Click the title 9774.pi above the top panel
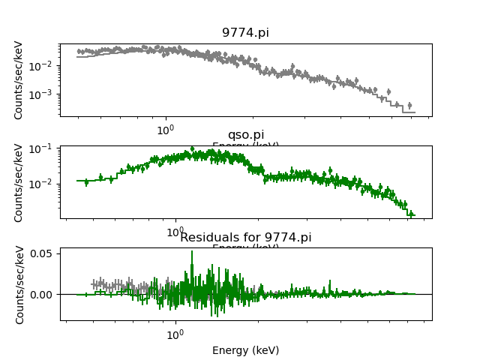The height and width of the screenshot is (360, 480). point(245,33)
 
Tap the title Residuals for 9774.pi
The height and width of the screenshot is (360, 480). point(245,238)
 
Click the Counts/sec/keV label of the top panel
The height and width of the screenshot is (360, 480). point(19,79)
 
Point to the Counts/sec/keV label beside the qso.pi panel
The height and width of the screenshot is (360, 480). point(19,182)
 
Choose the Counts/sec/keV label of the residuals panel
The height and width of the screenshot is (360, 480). point(19,284)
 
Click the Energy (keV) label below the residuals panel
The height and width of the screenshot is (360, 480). point(245,350)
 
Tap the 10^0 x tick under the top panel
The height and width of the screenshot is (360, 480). point(165,130)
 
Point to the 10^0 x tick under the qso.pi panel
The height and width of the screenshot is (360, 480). point(175,232)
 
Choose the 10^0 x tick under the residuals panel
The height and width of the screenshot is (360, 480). point(175,334)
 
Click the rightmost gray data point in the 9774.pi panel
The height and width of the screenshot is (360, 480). point(409,106)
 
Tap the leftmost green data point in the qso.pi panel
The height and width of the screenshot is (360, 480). point(86,181)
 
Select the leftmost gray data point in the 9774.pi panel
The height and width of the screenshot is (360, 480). point(79,52)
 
